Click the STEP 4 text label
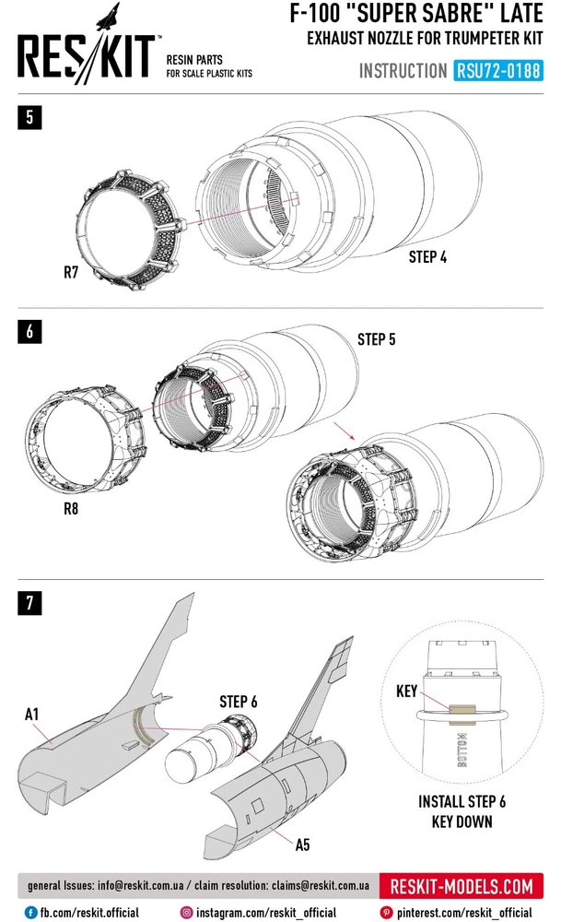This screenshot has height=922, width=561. (427, 257)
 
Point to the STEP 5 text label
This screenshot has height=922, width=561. (377, 339)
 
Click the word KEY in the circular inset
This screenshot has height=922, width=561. (407, 691)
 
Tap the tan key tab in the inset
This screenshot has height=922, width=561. (460, 710)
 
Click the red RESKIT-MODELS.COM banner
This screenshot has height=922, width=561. (462, 887)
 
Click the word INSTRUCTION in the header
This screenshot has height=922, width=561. (403, 71)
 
